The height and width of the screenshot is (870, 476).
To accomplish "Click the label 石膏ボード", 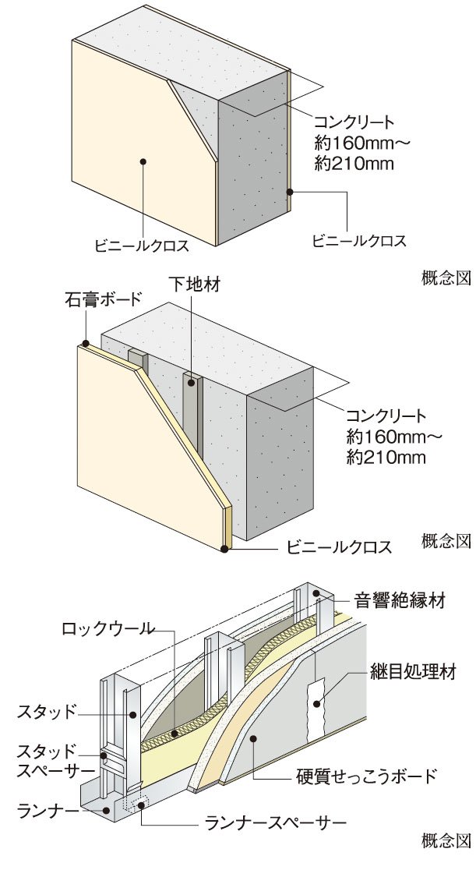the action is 104,301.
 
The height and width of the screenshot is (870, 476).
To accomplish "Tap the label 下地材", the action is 194,284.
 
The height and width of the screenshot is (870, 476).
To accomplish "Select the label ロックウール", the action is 108,628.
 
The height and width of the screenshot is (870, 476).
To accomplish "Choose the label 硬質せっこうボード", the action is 367,775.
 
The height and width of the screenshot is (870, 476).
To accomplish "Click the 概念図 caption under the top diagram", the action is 446,278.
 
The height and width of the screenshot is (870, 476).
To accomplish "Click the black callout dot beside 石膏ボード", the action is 86,344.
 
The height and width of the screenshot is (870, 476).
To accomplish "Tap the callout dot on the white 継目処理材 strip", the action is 317,704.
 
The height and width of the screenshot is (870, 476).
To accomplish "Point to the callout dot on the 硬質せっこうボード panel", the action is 252,737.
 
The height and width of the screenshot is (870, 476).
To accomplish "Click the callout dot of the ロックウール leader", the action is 175,734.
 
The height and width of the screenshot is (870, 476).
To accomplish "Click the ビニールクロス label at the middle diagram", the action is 338,547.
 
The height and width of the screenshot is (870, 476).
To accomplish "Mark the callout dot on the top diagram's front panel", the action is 143,162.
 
